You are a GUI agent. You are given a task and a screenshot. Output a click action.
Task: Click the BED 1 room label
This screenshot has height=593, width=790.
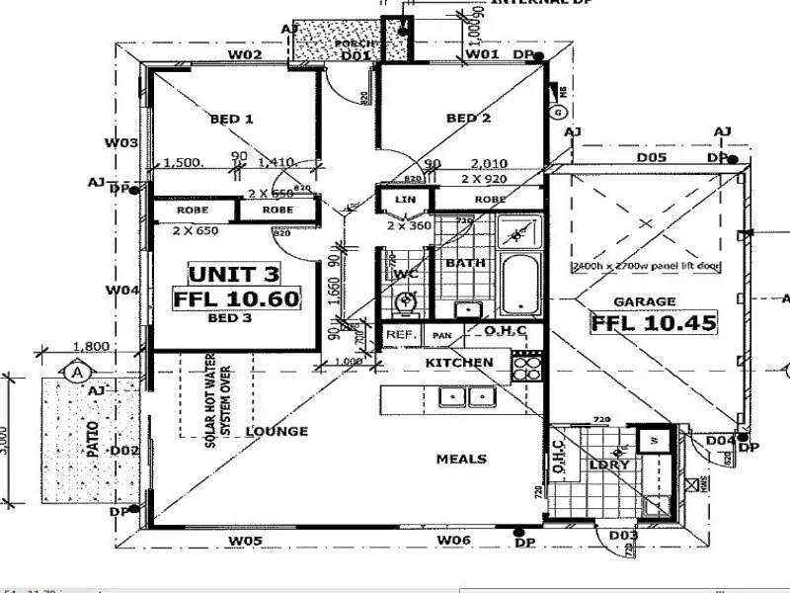coord(232,120)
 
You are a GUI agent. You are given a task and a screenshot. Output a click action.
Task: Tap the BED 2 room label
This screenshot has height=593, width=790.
coord(469,119)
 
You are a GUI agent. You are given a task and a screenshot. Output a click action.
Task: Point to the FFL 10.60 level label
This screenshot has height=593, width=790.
coord(236,298)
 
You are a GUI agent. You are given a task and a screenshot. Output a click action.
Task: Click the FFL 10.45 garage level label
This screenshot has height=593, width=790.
coord(653,322)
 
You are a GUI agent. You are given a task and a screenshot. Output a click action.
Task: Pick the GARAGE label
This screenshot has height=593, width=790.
coord(644,301)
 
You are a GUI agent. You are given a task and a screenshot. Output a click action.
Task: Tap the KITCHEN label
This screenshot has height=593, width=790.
coord(459,363)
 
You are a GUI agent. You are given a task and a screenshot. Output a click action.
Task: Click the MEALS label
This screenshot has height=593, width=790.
coord(461,459)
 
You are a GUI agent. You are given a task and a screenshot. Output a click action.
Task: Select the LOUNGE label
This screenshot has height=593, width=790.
coord(276,431)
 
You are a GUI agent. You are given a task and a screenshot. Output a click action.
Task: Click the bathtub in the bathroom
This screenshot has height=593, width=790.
coord(518,284)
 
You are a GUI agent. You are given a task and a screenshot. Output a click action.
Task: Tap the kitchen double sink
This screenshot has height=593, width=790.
coord(466,396)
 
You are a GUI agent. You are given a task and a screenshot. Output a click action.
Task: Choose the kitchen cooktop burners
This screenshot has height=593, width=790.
coord(527,368)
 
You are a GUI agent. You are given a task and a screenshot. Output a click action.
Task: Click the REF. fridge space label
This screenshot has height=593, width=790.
coord(400,336)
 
